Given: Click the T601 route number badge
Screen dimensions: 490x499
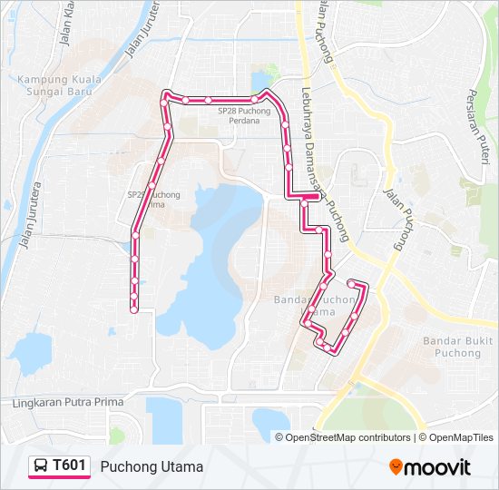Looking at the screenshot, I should [x=69, y=465].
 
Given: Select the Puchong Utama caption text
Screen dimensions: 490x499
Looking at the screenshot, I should [x=152, y=466].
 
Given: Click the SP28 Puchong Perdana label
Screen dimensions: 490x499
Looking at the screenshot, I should [x=244, y=115].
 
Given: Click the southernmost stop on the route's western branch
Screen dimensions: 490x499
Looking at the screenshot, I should [x=133, y=310].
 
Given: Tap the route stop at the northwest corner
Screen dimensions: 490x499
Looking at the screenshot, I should [x=165, y=93].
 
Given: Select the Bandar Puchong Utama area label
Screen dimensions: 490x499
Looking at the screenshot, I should [x=314, y=305].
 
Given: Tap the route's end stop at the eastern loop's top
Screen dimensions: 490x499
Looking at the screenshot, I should [x=351, y=283].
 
